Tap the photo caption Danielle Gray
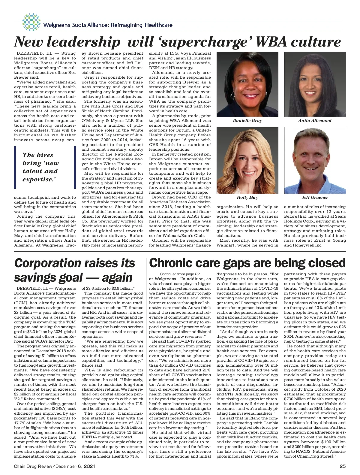[247, 121]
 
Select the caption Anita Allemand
[315, 121]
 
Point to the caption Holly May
[247, 198]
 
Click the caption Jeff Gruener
[315, 198]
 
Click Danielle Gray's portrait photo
[247, 84]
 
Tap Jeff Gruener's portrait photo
[315, 161]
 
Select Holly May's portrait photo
[247, 161]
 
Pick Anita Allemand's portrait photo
[315, 84]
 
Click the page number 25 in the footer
[343, 466]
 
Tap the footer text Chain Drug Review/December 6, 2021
[55, 466]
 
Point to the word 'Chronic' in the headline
[172, 263]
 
